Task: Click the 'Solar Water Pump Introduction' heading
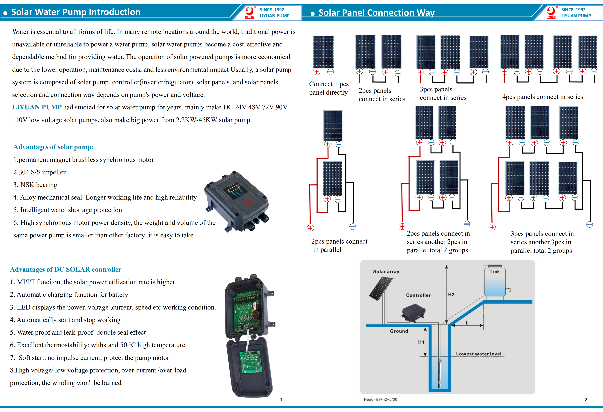tap(76, 12)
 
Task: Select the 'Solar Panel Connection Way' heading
tap(376, 13)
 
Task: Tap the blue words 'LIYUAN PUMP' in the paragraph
tap(37, 107)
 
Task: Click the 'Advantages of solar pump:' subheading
tap(53, 147)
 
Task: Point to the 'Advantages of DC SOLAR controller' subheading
tap(66, 269)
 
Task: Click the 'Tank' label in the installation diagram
tap(494, 271)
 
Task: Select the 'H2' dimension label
tap(451, 294)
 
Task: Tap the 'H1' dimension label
tap(421, 342)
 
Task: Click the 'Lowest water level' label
tap(479, 354)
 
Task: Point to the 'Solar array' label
tap(386, 271)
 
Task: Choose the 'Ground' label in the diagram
tap(399, 331)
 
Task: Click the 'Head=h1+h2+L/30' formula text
tap(380, 399)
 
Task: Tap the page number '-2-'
tap(586, 399)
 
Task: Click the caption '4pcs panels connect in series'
tap(543, 97)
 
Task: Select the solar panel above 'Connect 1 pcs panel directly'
tap(323, 52)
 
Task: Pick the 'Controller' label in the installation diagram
tap(418, 295)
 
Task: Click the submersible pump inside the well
tap(440, 374)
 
